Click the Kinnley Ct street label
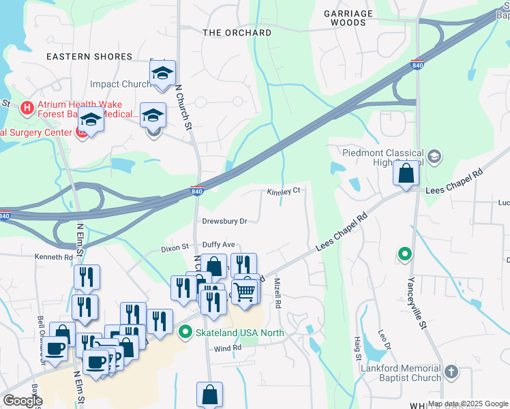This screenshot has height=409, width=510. click(284, 192)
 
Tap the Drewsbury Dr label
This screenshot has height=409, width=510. click(224, 221)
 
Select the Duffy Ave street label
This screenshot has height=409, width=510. click(218, 244)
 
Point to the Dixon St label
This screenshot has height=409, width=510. click(174, 249)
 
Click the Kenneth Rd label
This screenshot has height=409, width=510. click(54, 257)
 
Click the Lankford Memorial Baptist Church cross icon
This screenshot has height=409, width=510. click(450, 372)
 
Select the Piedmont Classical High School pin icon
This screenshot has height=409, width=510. click(436, 157)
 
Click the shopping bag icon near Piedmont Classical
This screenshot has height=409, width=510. click(406, 173)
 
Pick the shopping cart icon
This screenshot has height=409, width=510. click(245, 291)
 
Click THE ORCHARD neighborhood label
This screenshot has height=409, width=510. click(237, 33)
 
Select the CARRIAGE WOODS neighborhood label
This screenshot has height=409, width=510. click(348, 18)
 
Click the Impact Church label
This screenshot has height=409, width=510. click(121, 85)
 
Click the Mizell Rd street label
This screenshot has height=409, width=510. click(277, 294)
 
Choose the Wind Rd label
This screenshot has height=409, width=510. click(228, 348)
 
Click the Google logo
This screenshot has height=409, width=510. click(22, 400)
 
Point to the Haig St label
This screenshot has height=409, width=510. click(357, 352)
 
